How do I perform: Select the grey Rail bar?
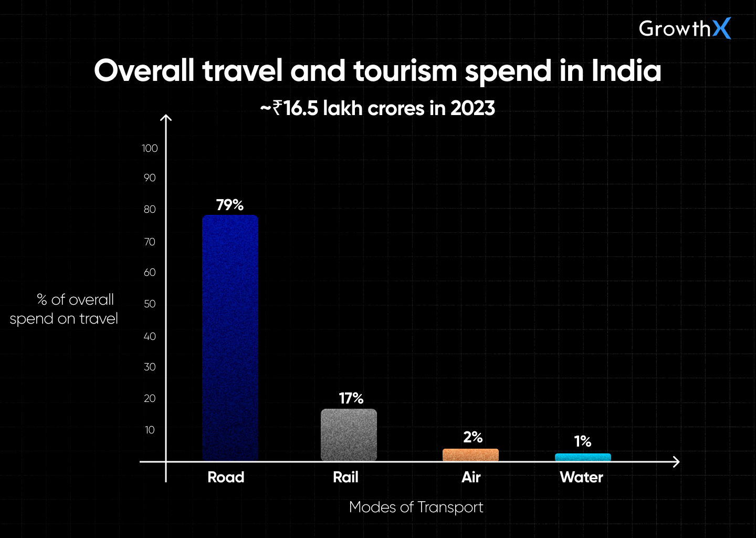click(x=349, y=435)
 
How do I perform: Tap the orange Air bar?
click(x=470, y=455)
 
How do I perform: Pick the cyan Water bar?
click(x=583, y=457)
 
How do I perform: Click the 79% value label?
click(x=230, y=205)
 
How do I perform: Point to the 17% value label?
click(x=351, y=398)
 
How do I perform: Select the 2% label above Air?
click(x=472, y=437)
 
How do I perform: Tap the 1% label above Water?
click(x=582, y=441)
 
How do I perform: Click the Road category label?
click(x=226, y=477)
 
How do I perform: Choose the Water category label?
click(x=581, y=477)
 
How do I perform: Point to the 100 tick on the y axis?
click(x=150, y=148)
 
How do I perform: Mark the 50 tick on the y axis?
click(x=150, y=304)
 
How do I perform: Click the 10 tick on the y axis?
click(x=150, y=430)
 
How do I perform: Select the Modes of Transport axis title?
click(x=416, y=507)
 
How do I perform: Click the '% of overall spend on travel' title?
click(x=64, y=309)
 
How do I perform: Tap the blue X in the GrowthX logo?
click(x=721, y=28)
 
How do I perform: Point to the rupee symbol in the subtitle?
click(x=277, y=108)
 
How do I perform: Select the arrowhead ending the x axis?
click(x=677, y=462)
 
